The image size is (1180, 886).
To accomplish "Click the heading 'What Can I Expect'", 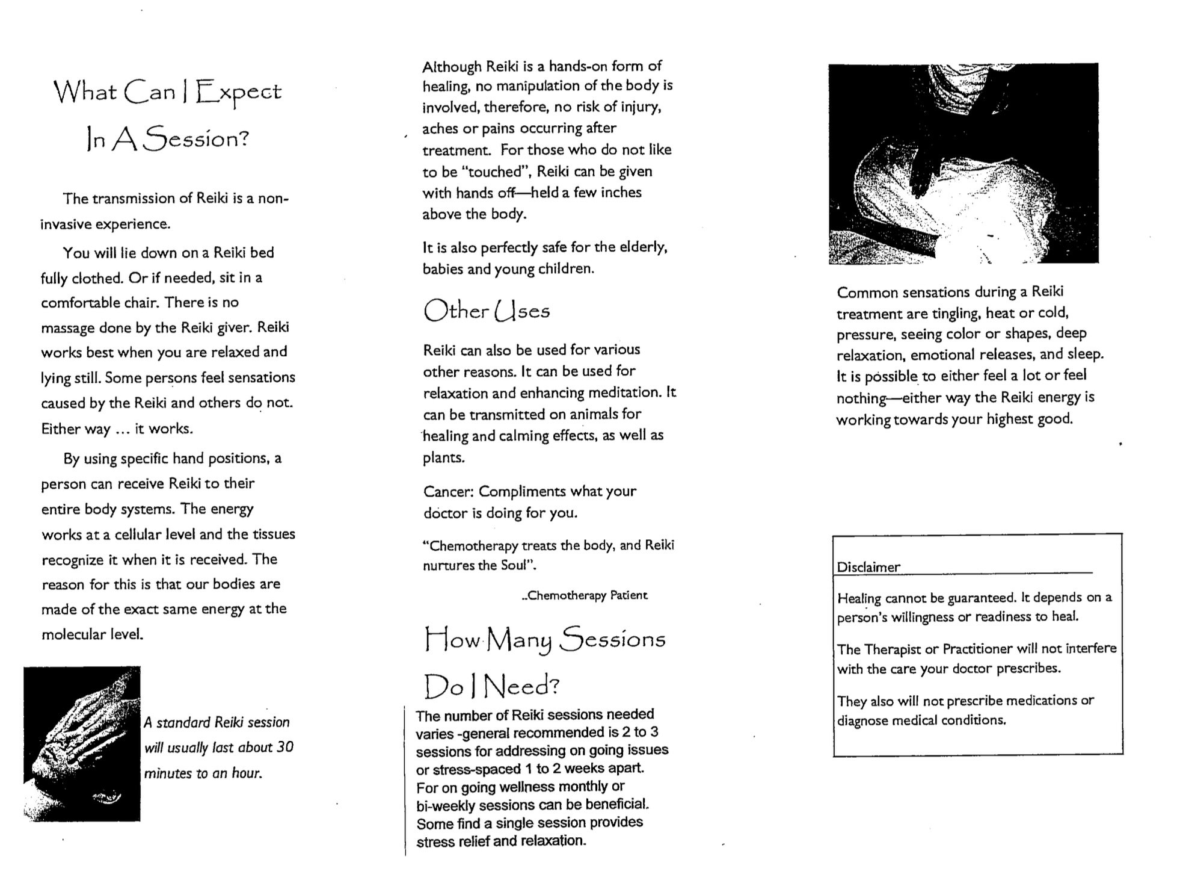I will [167, 92].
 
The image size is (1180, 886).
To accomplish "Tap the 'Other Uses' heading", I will [487, 311].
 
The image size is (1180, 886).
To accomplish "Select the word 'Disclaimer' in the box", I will [868, 567].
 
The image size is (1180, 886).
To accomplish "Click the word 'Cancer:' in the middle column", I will [448, 491].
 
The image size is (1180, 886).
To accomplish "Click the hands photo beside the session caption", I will [82, 743].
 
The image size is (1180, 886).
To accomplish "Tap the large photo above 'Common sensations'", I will [962, 163].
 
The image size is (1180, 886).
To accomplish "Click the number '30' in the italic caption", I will [284, 748].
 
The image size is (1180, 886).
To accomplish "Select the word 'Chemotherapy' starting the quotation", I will [472, 546].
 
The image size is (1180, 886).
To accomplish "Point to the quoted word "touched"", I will [496, 172].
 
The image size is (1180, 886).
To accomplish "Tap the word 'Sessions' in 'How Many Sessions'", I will [612, 639].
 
